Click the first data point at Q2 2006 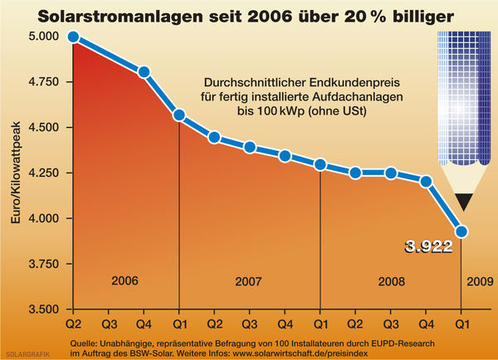pyautogui.click(x=73, y=36)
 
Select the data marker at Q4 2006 pyautogui.click(x=144, y=72)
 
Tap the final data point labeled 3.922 pyautogui.click(x=462, y=231)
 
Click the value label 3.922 pyautogui.click(x=427, y=246)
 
